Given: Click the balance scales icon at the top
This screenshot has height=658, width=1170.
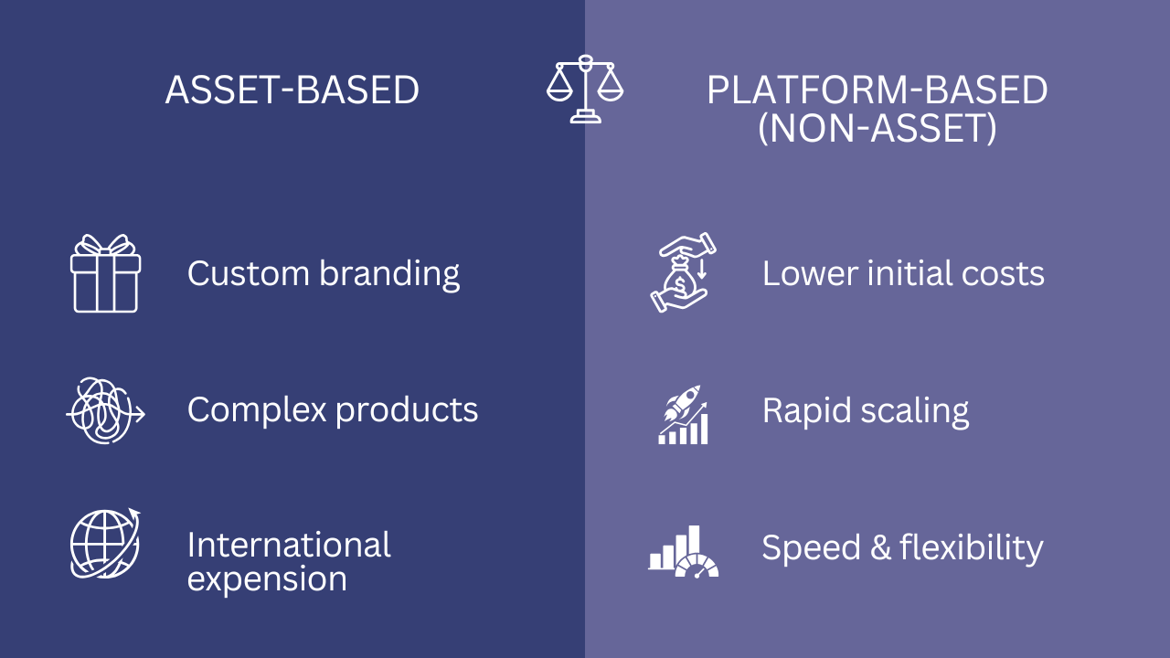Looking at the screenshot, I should pos(585,89).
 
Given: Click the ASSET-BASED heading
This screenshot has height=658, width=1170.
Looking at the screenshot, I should pos(292,90).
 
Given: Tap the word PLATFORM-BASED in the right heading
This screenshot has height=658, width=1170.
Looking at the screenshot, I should pos(877,90).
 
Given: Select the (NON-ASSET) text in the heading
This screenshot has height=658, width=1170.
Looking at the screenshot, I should pos(877,129).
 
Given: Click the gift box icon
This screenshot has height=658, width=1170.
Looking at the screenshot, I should pos(105,274).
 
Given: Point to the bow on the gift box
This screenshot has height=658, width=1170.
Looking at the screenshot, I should pos(105,245).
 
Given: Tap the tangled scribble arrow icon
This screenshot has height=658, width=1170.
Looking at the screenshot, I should pos(105,410).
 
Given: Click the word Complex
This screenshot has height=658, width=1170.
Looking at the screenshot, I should pos(257,409).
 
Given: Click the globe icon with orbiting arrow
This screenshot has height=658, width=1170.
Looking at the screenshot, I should pos(105,544).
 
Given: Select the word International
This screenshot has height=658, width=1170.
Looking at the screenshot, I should pos(289,545).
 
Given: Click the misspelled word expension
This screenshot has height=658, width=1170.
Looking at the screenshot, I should pos(267,579).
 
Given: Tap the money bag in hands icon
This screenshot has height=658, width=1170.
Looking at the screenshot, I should pos(683,273).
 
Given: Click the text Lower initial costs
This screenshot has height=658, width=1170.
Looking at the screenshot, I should pos(903,273).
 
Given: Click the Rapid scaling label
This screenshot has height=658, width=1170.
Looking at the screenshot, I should pos(866,410).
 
